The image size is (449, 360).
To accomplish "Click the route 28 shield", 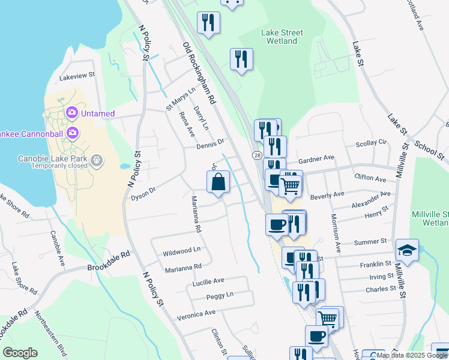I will coord(256,155).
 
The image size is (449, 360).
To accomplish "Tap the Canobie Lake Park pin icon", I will coord(98,161).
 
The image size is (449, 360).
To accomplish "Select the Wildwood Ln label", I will coord(181,250).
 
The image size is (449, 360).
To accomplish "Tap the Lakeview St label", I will coord(77,76).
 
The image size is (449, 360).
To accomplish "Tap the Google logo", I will coord(20,353).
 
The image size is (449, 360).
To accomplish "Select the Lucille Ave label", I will coord(208,280).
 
